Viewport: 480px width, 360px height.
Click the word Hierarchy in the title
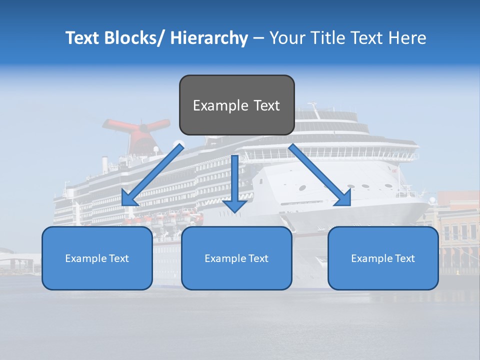pos(209,38)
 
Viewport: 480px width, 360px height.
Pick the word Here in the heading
pos(407,38)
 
